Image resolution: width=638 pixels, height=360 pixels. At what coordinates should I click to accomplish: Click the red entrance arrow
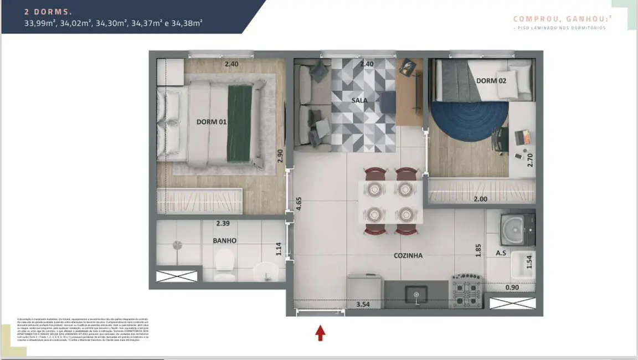click(320, 332)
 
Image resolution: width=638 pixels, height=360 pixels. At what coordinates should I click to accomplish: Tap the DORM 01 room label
click(212, 122)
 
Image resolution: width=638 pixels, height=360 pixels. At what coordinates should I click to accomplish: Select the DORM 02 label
click(491, 81)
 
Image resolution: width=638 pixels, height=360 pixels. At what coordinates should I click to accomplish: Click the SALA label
click(359, 100)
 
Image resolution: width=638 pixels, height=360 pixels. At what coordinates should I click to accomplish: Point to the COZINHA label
click(408, 255)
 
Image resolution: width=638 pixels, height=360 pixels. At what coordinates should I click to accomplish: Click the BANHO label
click(224, 240)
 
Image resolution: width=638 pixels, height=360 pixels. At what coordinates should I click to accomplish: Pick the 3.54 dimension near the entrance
click(363, 305)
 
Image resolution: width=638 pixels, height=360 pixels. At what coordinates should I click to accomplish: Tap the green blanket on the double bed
click(239, 123)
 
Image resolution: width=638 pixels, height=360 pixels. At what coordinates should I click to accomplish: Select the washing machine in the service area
click(517, 229)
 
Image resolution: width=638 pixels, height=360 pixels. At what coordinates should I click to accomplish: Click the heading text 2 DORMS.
click(48, 11)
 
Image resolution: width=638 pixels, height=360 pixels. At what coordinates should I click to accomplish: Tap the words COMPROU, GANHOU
click(559, 19)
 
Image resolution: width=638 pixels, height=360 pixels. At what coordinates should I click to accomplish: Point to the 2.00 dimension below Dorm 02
click(480, 199)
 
